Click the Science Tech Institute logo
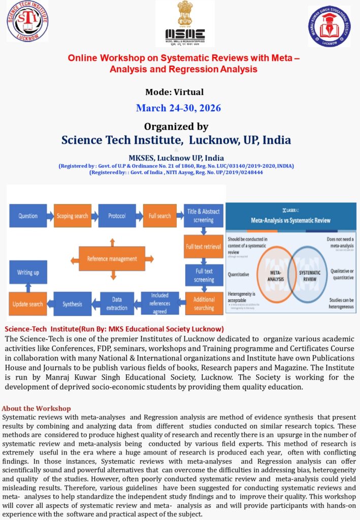click(x=27, y=21)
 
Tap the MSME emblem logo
click(x=185, y=23)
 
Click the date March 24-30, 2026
click(x=178, y=108)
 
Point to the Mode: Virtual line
click(x=174, y=92)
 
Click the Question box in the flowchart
click(x=28, y=216)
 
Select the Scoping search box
click(x=72, y=216)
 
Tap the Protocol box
click(x=117, y=216)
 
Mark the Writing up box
click(x=28, y=272)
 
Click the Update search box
click(x=28, y=304)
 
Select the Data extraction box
click(x=117, y=304)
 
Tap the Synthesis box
click(x=72, y=304)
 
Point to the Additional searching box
click(x=204, y=304)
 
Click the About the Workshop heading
click(x=37, y=408)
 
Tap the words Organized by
click(x=176, y=126)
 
